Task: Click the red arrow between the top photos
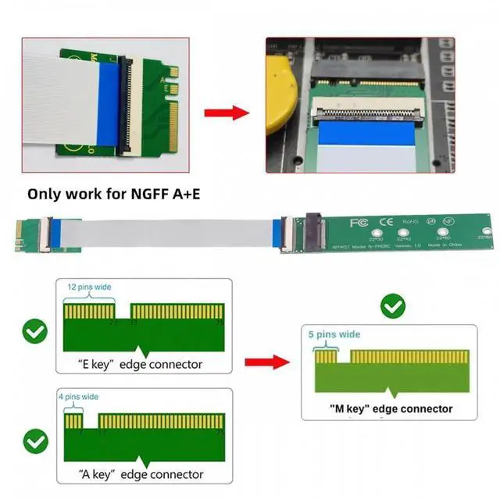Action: pyautogui.click(x=227, y=112)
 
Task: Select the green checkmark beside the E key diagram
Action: pyautogui.click(x=34, y=331)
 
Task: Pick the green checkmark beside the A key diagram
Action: pyautogui.click(x=34, y=442)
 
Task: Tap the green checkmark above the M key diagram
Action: pyautogui.click(x=392, y=307)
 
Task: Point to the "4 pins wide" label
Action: pyautogui.click(x=79, y=397)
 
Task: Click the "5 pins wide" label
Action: pyautogui.click(x=334, y=334)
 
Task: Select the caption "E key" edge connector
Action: pyautogui.click(x=141, y=364)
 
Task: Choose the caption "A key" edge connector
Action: pyautogui.click(x=141, y=474)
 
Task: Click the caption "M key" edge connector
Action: pyautogui.click(x=391, y=409)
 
